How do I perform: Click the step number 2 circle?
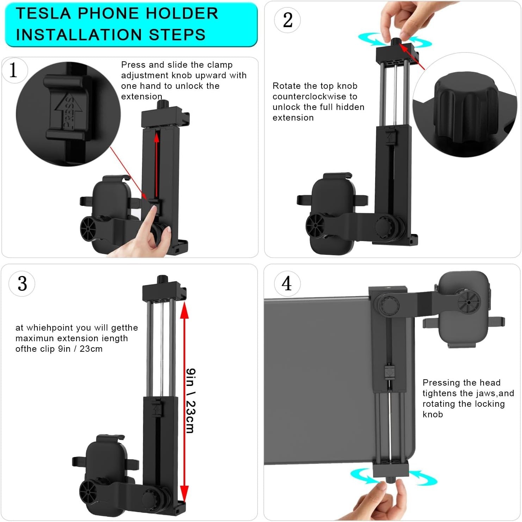click(287, 20)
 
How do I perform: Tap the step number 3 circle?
click(22, 283)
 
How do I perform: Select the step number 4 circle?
click(287, 283)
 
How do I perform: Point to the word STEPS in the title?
click(177, 35)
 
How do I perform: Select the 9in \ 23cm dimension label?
click(191, 401)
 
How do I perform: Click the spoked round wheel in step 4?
click(469, 302)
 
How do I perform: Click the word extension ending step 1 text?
click(142, 97)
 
